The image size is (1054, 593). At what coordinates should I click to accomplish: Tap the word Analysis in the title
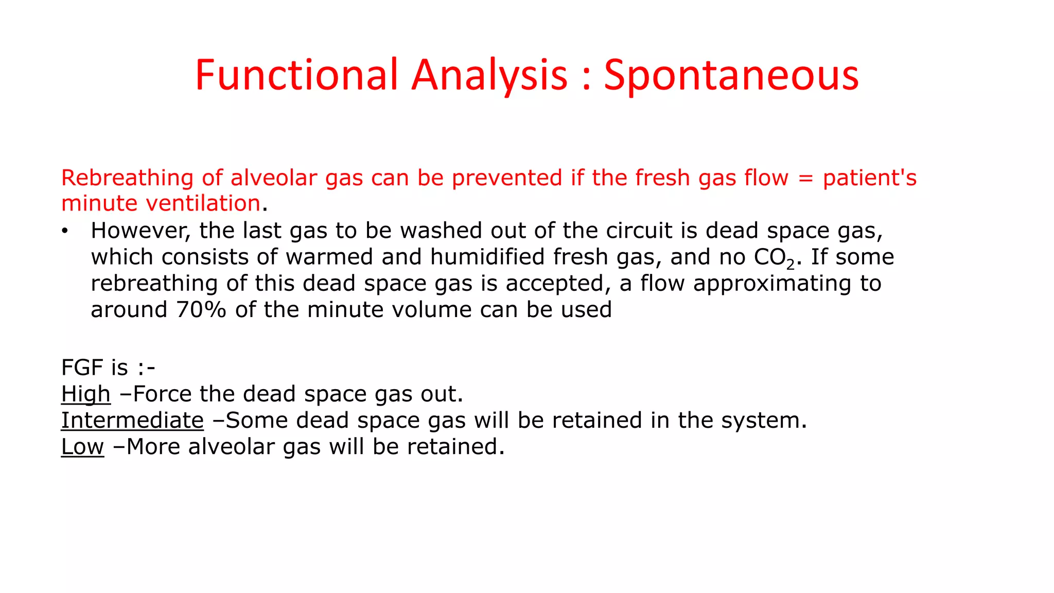click(489, 76)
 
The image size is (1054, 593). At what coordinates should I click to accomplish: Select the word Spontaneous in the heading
click(731, 76)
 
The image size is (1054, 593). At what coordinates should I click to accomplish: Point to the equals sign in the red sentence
click(805, 178)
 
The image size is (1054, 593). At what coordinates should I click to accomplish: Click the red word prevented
click(507, 178)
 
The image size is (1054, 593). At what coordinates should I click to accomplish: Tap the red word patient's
click(870, 178)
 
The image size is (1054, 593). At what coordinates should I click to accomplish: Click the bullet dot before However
click(64, 231)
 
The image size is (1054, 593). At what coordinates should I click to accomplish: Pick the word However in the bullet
click(140, 231)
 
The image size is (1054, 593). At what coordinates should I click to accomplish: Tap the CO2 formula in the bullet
click(775, 258)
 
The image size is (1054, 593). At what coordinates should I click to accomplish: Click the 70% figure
click(201, 310)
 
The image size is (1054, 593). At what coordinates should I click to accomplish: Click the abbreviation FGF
click(82, 368)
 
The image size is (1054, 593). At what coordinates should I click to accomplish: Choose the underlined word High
click(85, 394)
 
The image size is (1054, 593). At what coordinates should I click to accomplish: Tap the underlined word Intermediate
click(132, 421)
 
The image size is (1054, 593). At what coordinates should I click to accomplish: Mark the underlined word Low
click(82, 447)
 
